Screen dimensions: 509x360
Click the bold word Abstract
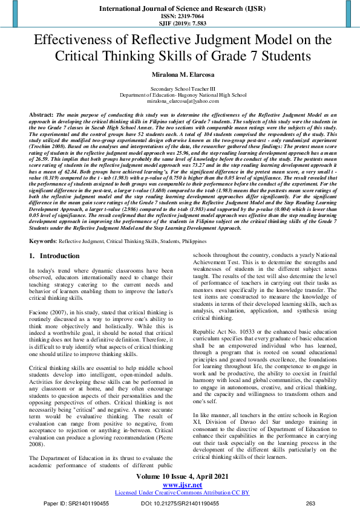(x=41, y=114)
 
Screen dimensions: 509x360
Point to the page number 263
(x=311, y=503)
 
